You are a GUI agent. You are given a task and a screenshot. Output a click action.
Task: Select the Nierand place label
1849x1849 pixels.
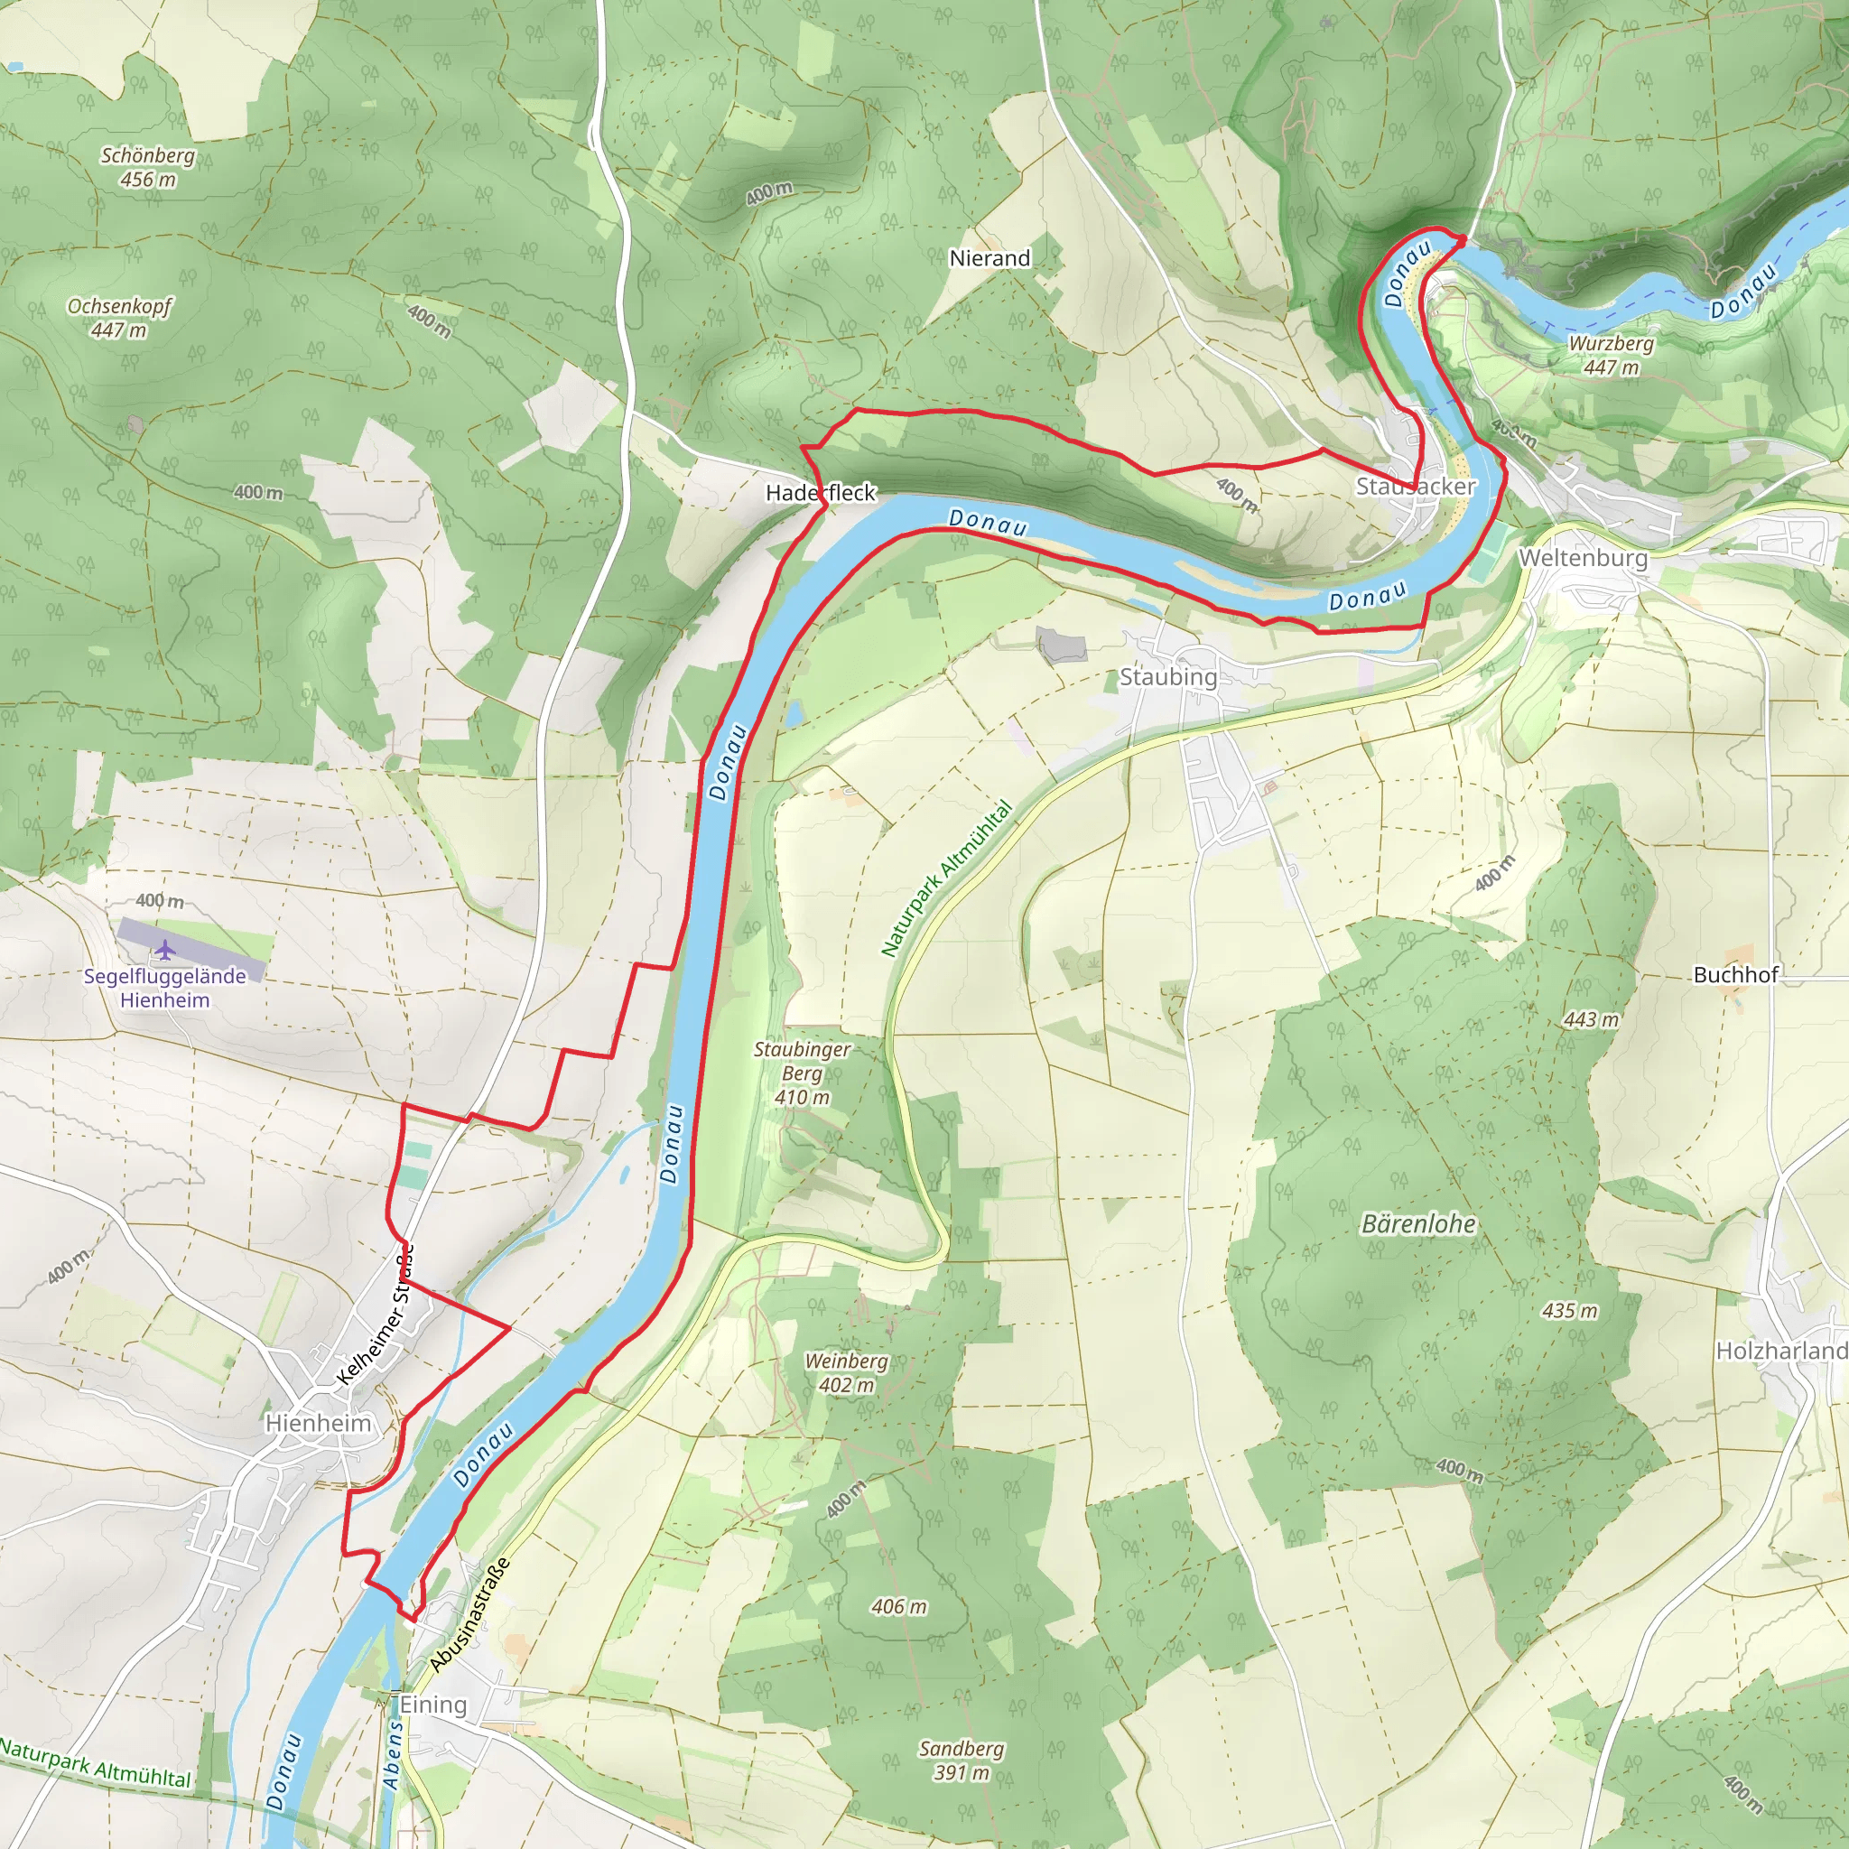click(990, 258)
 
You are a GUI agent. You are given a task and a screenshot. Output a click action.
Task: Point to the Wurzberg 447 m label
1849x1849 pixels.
click(1611, 355)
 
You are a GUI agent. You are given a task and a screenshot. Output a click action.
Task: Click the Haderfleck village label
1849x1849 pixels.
click(820, 493)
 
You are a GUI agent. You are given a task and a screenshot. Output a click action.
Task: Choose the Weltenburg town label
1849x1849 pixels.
click(1583, 558)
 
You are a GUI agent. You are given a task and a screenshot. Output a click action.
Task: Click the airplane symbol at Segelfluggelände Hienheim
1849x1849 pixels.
click(165, 951)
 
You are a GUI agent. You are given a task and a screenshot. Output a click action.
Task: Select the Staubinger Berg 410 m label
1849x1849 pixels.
click(802, 1073)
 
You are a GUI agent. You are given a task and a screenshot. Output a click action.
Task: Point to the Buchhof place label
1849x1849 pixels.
click(1735, 975)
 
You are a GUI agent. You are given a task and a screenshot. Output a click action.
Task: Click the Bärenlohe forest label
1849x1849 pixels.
click(1418, 1224)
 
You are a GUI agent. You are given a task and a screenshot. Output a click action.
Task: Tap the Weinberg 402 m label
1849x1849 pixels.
click(846, 1372)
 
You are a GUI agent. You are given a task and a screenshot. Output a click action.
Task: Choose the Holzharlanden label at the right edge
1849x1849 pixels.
click(1780, 1351)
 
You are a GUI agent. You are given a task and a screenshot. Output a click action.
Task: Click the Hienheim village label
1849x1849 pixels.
click(318, 1423)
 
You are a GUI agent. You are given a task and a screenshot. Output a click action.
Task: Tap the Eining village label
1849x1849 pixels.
click(432, 1705)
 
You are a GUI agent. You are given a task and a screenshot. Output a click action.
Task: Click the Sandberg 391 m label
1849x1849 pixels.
click(961, 1760)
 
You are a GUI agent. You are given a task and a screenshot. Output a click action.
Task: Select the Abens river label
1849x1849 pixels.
click(393, 1755)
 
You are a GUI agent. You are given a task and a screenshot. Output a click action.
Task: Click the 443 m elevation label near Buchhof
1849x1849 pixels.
click(1591, 1020)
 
